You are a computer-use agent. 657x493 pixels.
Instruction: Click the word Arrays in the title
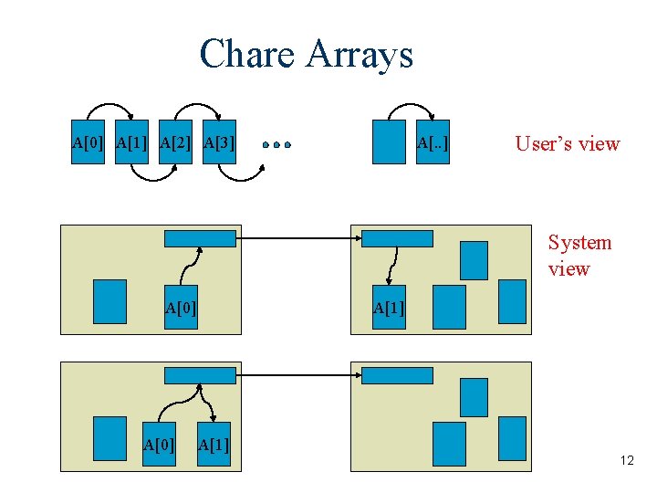(360, 55)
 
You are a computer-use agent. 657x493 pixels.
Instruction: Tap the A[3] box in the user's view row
(219, 142)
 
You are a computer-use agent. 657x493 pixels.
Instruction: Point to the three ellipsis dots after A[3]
(276, 144)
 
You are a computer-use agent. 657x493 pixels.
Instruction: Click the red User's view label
(567, 143)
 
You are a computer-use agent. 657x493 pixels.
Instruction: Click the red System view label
(579, 256)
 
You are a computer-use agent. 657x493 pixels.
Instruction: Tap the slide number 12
(626, 461)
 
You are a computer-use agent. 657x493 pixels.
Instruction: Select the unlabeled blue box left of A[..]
(388, 142)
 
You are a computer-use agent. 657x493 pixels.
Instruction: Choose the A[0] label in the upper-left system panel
(181, 308)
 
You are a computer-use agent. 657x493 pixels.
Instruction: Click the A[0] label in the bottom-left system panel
(160, 445)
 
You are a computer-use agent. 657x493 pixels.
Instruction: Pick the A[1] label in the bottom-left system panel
(213, 445)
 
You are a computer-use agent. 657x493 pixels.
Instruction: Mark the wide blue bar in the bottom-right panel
(397, 375)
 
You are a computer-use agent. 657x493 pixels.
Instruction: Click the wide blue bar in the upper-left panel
(200, 239)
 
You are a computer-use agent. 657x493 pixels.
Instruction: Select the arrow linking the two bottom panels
(297, 375)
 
